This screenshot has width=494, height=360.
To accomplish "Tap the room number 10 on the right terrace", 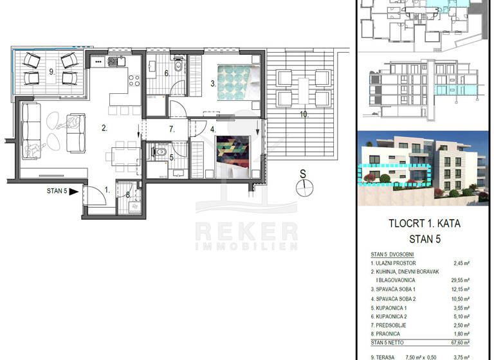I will tap(304, 115).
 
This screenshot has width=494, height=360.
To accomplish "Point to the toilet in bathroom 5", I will tap(161, 152).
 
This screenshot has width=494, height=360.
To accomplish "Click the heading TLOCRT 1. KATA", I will tap(425, 224).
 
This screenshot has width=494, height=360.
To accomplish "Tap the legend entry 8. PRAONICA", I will tap(387, 334).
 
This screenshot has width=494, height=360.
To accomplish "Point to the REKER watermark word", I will tap(246, 230).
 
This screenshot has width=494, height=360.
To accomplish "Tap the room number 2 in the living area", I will tap(104, 128).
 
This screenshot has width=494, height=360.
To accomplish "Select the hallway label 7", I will tap(172, 129).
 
